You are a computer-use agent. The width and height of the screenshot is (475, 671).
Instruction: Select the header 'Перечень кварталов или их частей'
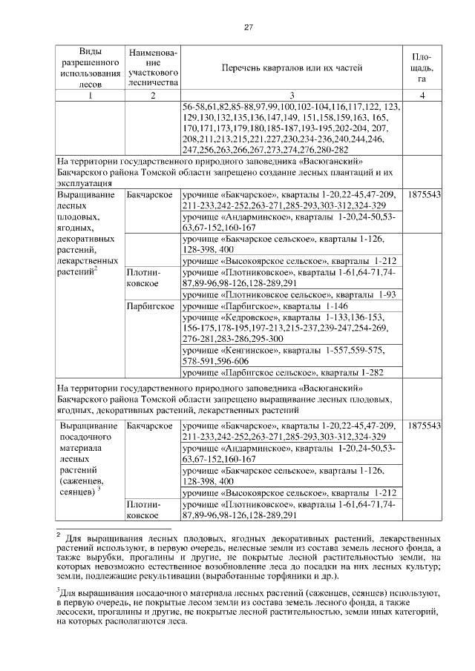[292, 68]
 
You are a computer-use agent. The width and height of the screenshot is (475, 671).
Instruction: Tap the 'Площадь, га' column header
[422, 67]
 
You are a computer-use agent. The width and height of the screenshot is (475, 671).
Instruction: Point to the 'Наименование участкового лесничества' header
[152, 68]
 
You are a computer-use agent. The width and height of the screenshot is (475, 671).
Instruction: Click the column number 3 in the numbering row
[292, 95]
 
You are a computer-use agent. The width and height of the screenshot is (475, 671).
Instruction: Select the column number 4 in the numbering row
[422, 95]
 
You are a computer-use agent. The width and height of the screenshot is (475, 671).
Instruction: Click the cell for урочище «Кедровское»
[292, 328]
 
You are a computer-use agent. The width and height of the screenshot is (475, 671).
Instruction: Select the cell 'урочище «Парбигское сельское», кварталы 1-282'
[292, 372]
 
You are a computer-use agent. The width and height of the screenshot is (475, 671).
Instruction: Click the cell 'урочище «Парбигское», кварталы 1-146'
[292, 305]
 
